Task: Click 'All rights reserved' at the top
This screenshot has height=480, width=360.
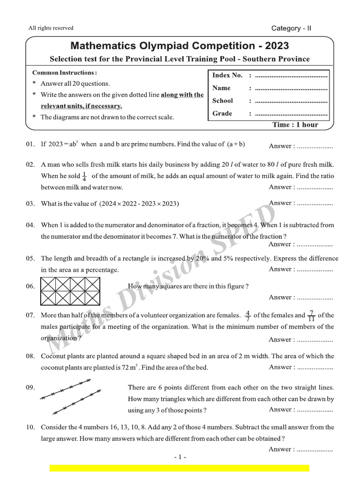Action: (x=51, y=28)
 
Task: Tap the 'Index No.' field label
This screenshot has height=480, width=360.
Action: (x=227, y=75)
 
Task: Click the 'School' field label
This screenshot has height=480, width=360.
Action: (x=222, y=101)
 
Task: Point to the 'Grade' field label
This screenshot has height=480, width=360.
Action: (x=222, y=113)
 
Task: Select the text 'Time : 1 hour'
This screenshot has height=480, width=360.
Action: (x=295, y=125)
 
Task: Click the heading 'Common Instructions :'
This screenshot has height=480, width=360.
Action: (x=65, y=73)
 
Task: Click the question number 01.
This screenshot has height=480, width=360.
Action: (x=30, y=144)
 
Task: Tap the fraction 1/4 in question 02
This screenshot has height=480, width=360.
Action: (x=84, y=176)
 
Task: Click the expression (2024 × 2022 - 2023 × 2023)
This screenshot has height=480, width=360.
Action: (x=139, y=204)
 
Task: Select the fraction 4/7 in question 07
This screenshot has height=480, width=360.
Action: (x=247, y=315)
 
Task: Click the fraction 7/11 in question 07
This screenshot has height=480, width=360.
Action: (x=311, y=315)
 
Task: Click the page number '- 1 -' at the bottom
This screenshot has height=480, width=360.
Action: (x=180, y=457)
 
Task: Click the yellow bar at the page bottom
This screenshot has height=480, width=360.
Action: (x=180, y=468)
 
